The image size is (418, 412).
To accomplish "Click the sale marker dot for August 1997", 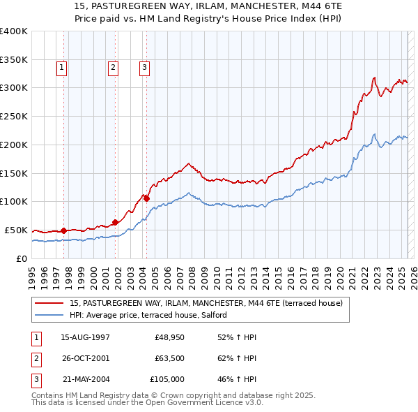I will tap(63, 230).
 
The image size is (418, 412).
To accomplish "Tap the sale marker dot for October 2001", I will tap(115, 222).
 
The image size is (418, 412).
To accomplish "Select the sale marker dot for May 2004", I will tap(147, 198).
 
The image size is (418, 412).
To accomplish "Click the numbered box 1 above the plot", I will tap(62, 68).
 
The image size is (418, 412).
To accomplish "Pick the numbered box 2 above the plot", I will tap(112, 68).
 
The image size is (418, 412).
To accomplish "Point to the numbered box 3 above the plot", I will tap(144, 68).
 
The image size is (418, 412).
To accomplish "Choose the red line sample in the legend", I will tap(49, 304).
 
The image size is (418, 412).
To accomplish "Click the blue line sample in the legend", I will tap(49, 315).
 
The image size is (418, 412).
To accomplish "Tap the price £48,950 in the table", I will tap(169, 337).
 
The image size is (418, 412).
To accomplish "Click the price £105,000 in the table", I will tap(167, 379).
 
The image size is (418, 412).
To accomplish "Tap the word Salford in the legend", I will tap(212, 315).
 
